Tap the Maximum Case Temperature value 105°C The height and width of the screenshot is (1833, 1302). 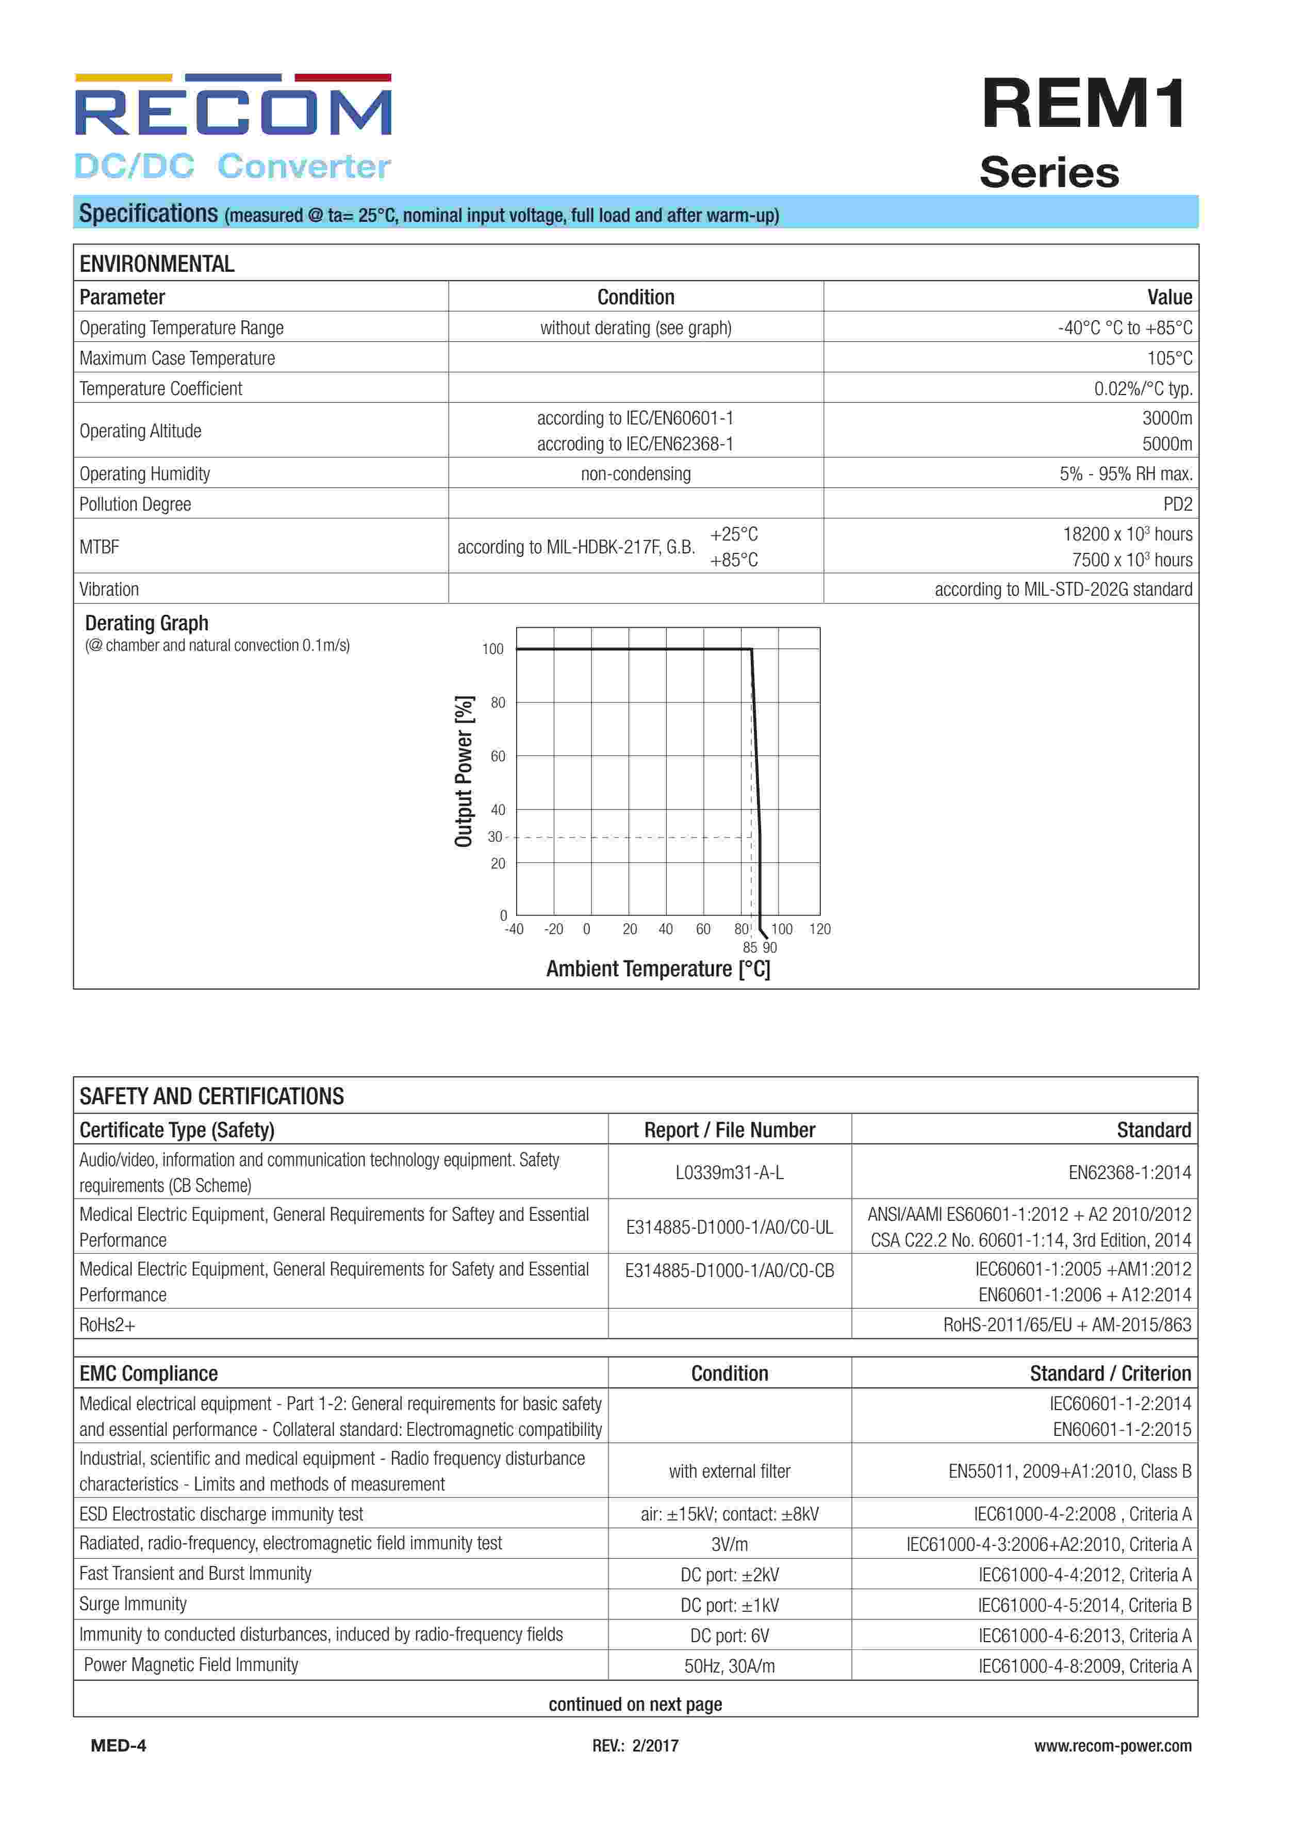point(1169,358)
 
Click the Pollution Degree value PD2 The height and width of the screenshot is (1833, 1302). point(1177,504)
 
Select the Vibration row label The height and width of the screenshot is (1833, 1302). point(109,590)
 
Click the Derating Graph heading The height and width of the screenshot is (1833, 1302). point(147,623)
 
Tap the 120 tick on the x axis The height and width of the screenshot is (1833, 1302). point(819,929)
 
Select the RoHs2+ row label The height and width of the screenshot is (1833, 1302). point(107,1324)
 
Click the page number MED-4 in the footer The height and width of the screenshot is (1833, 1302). point(119,1746)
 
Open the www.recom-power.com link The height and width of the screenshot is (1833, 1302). point(1112,1746)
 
